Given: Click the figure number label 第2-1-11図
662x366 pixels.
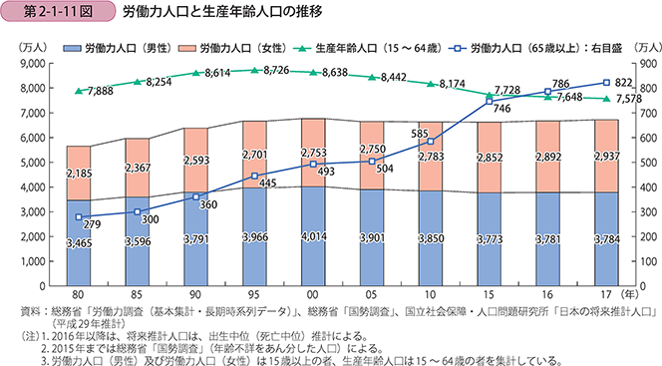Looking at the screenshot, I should (51, 15).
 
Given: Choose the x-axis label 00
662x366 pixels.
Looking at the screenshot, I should (313, 297).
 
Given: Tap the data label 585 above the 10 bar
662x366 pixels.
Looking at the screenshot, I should (420, 132).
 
